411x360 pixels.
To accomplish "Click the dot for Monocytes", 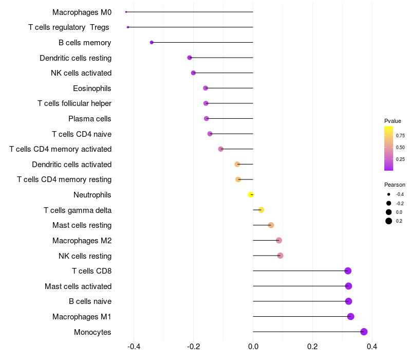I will pyautogui.click(x=364, y=332).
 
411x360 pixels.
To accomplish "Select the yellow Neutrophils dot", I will pyautogui.click(x=251, y=194).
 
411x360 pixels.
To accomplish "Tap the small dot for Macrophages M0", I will pyautogui.click(x=126, y=12).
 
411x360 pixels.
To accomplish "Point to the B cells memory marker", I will pyautogui.click(x=152, y=42).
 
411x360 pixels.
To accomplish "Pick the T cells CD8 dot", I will pyautogui.click(x=348, y=271).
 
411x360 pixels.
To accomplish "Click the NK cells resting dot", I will pyautogui.click(x=280, y=256).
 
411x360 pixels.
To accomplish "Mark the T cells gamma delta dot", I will pyautogui.click(x=261, y=210).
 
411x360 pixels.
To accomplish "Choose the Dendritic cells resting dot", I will pyautogui.click(x=190, y=58).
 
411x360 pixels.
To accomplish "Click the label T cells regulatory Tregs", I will pyautogui.click(x=69, y=27).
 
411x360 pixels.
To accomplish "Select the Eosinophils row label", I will pyautogui.click(x=92, y=88).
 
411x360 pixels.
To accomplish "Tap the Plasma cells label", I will pyautogui.click(x=90, y=119).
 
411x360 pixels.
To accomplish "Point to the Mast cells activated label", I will pyautogui.click(x=78, y=286).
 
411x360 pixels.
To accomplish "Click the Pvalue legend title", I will pyautogui.click(x=393, y=121).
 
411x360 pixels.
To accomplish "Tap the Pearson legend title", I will pyautogui.click(x=395, y=185).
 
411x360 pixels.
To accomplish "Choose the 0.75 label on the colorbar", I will pyautogui.click(x=400, y=136).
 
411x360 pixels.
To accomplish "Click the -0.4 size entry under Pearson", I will pyautogui.click(x=389, y=194).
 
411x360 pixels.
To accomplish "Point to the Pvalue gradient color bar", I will pyautogui.click(x=389, y=148).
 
